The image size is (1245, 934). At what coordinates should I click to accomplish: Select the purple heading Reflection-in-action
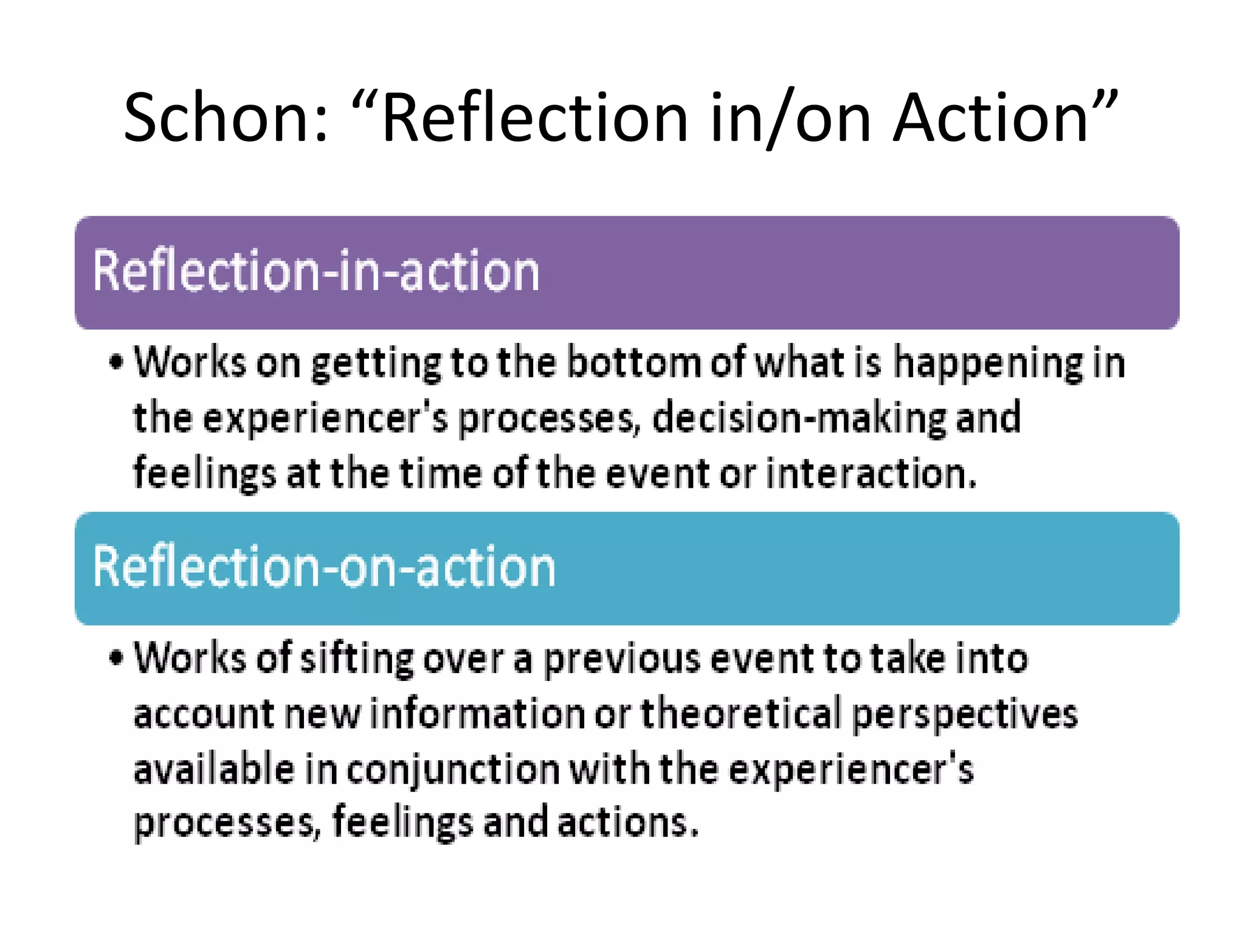(x=316, y=271)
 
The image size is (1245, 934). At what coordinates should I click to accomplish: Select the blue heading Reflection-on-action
(x=324, y=567)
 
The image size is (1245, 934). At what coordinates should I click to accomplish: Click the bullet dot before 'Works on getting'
(x=116, y=363)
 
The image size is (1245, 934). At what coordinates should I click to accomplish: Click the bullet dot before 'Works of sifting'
(x=116, y=658)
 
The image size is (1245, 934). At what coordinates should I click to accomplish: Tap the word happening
(x=988, y=363)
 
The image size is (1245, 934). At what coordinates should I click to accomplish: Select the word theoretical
(x=741, y=714)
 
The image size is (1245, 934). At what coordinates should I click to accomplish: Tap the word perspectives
(x=965, y=714)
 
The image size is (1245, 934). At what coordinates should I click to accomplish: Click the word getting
(x=376, y=364)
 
